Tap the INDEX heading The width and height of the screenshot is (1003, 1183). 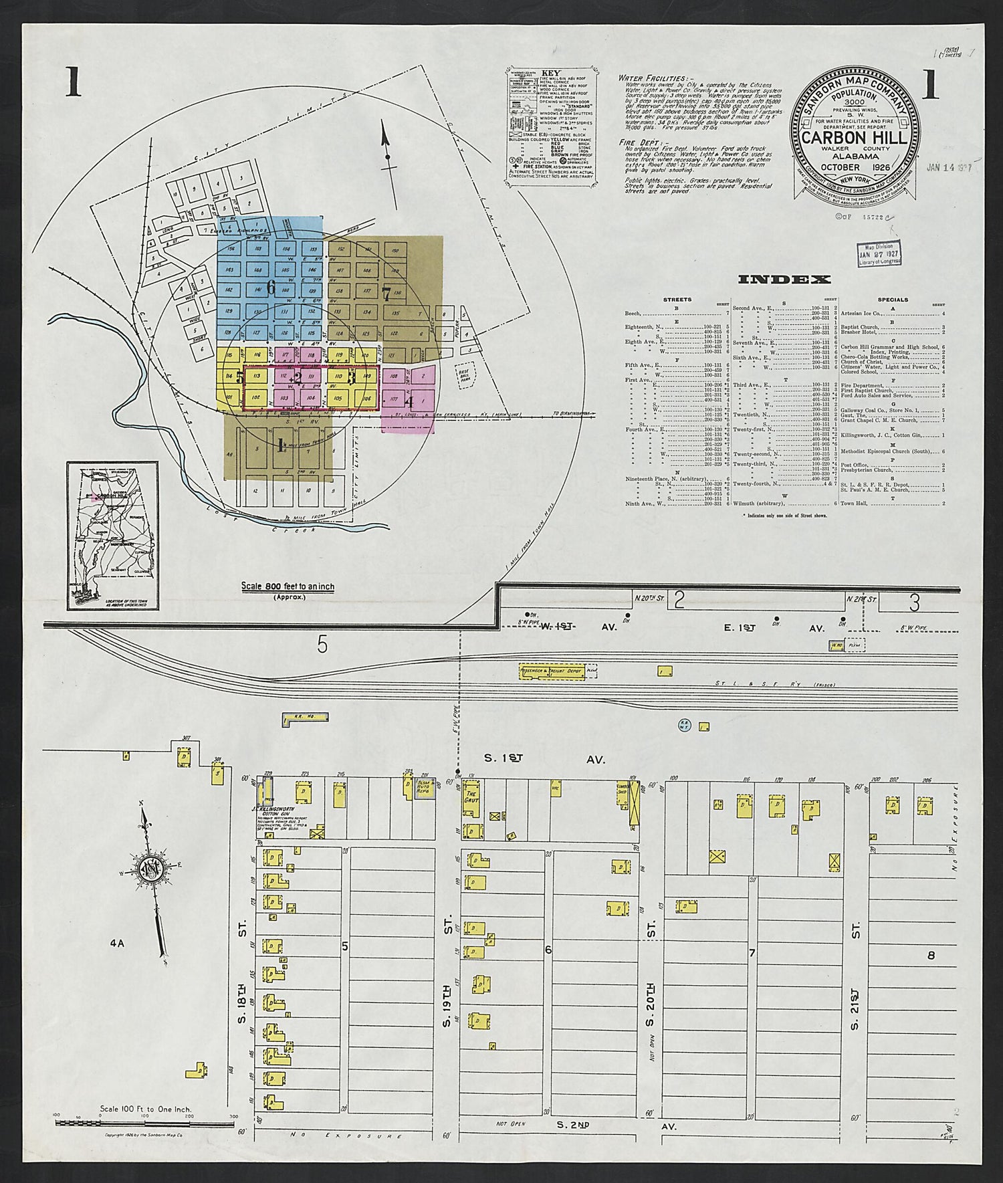pyautogui.click(x=784, y=280)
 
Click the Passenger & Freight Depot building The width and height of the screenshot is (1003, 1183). pyautogui.click(x=553, y=672)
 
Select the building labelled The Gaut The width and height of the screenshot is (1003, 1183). pyautogui.click(x=470, y=798)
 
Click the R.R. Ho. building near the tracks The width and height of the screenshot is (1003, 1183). pyautogui.click(x=304, y=718)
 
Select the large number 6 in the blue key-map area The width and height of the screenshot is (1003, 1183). pyautogui.click(x=270, y=288)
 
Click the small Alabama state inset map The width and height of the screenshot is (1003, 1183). pyautogui.click(x=112, y=535)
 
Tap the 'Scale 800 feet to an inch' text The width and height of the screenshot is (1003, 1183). pyautogui.click(x=288, y=586)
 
